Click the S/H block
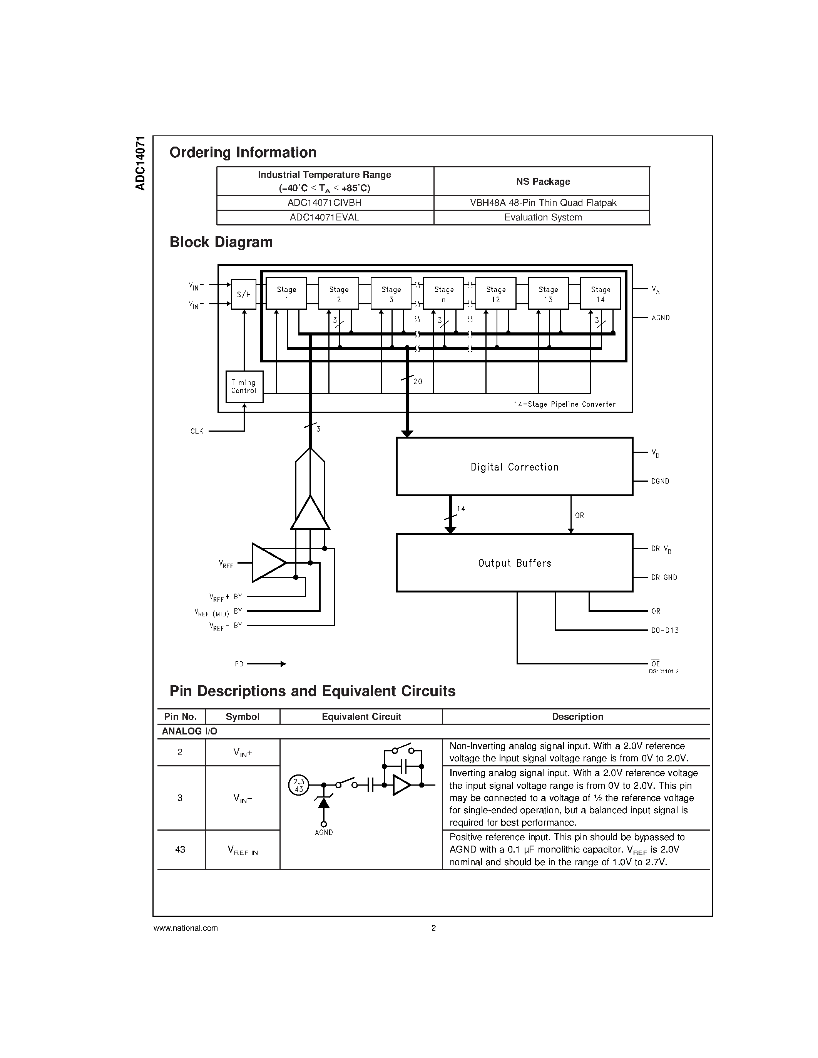tap(244, 294)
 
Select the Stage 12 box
tap(495, 294)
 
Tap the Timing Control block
tap(244, 387)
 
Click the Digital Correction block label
tap(514, 467)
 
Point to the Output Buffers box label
tap(514, 563)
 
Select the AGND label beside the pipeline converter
tap(661, 318)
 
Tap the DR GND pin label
tap(664, 577)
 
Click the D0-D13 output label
tap(665, 630)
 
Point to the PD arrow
tap(266, 664)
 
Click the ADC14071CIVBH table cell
tap(325, 202)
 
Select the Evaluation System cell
tap(542, 217)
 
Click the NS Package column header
tap(542, 181)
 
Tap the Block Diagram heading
tap(221, 242)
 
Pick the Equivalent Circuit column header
tap(361, 716)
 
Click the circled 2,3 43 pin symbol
tap(298, 785)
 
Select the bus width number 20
tap(418, 382)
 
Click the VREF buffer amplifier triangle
tap(268, 563)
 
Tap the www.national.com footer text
tap(186, 928)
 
